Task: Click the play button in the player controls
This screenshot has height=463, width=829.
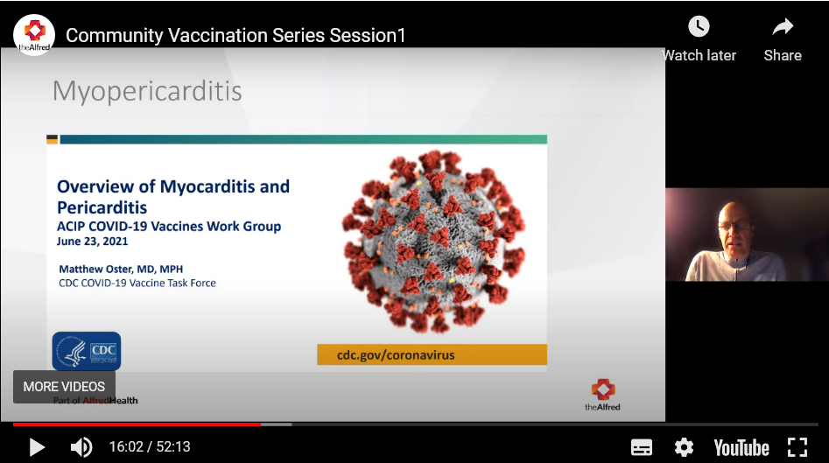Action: [37, 447]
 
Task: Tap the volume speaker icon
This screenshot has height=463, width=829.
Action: [81, 447]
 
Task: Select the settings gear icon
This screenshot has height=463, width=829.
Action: [684, 447]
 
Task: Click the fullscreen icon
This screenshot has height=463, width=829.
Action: [797, 447]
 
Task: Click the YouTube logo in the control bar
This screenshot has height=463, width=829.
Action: [741, 447]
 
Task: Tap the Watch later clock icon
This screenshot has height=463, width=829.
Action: [699, 27]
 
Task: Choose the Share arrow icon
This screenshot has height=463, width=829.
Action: [782, 27]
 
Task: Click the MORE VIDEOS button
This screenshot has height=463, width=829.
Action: [64, 386]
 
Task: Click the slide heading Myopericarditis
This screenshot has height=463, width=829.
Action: [147, 91]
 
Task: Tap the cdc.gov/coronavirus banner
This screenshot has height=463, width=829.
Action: [432, 354]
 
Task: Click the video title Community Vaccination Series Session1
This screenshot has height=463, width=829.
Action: [235, 36]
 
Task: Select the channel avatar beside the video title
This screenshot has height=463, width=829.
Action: [34, 34]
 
